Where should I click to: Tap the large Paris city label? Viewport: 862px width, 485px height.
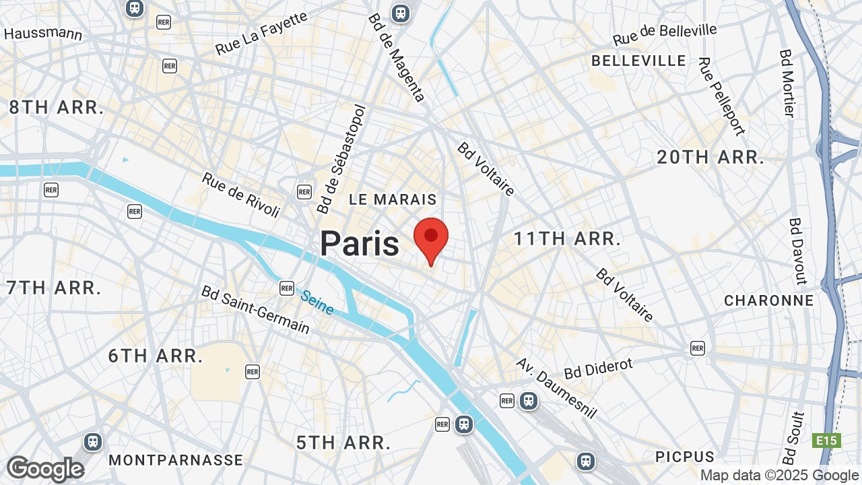360,243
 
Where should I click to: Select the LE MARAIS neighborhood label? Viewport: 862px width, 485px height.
393,199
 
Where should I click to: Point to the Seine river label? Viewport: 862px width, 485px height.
317,302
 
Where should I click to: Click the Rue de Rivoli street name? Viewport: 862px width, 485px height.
240,195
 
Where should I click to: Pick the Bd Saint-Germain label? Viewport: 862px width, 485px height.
255,310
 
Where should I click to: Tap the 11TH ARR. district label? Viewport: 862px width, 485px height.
567,238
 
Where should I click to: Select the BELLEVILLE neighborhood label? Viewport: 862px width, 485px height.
638,61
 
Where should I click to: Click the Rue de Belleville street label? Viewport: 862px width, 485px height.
665,34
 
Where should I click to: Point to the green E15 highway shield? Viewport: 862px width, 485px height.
826,441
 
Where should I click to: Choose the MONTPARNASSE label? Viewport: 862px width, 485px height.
176,460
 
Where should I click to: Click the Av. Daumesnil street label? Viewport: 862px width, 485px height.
556,387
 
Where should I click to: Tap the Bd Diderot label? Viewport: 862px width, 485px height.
599,368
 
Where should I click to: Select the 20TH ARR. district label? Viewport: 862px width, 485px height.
710,158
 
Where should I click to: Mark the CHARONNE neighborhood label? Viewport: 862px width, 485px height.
769,300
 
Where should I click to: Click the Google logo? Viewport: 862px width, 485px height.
45,469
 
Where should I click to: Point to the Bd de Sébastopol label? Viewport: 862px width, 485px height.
342,159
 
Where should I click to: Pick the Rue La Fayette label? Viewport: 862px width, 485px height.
261,33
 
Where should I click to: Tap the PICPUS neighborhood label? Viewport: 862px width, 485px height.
685,457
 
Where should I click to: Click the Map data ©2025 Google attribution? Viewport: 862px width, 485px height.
779,476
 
